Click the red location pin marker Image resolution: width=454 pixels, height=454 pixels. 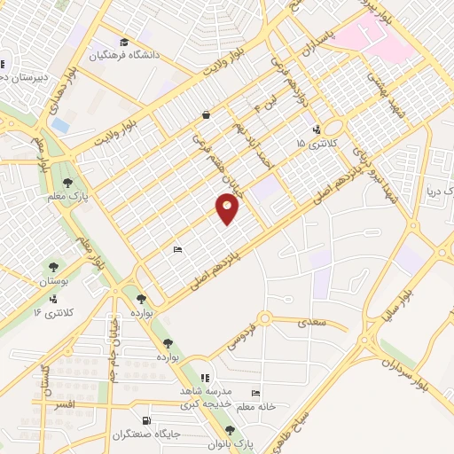click(x=228, y=208)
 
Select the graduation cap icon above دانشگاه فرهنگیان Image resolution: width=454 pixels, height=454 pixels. click(x=124, y=42)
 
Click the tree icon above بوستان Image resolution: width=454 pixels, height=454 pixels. click(x=54, y=265)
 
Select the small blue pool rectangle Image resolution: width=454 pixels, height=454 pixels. click(x=59, y=126)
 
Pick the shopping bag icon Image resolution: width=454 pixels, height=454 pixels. click(x=206, y=114)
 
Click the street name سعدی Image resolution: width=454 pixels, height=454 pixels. click(x=313, y=324)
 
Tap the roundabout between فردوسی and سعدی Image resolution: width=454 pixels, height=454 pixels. click(x=263, y=319)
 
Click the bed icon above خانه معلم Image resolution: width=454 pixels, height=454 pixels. click(x=256, y=394)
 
